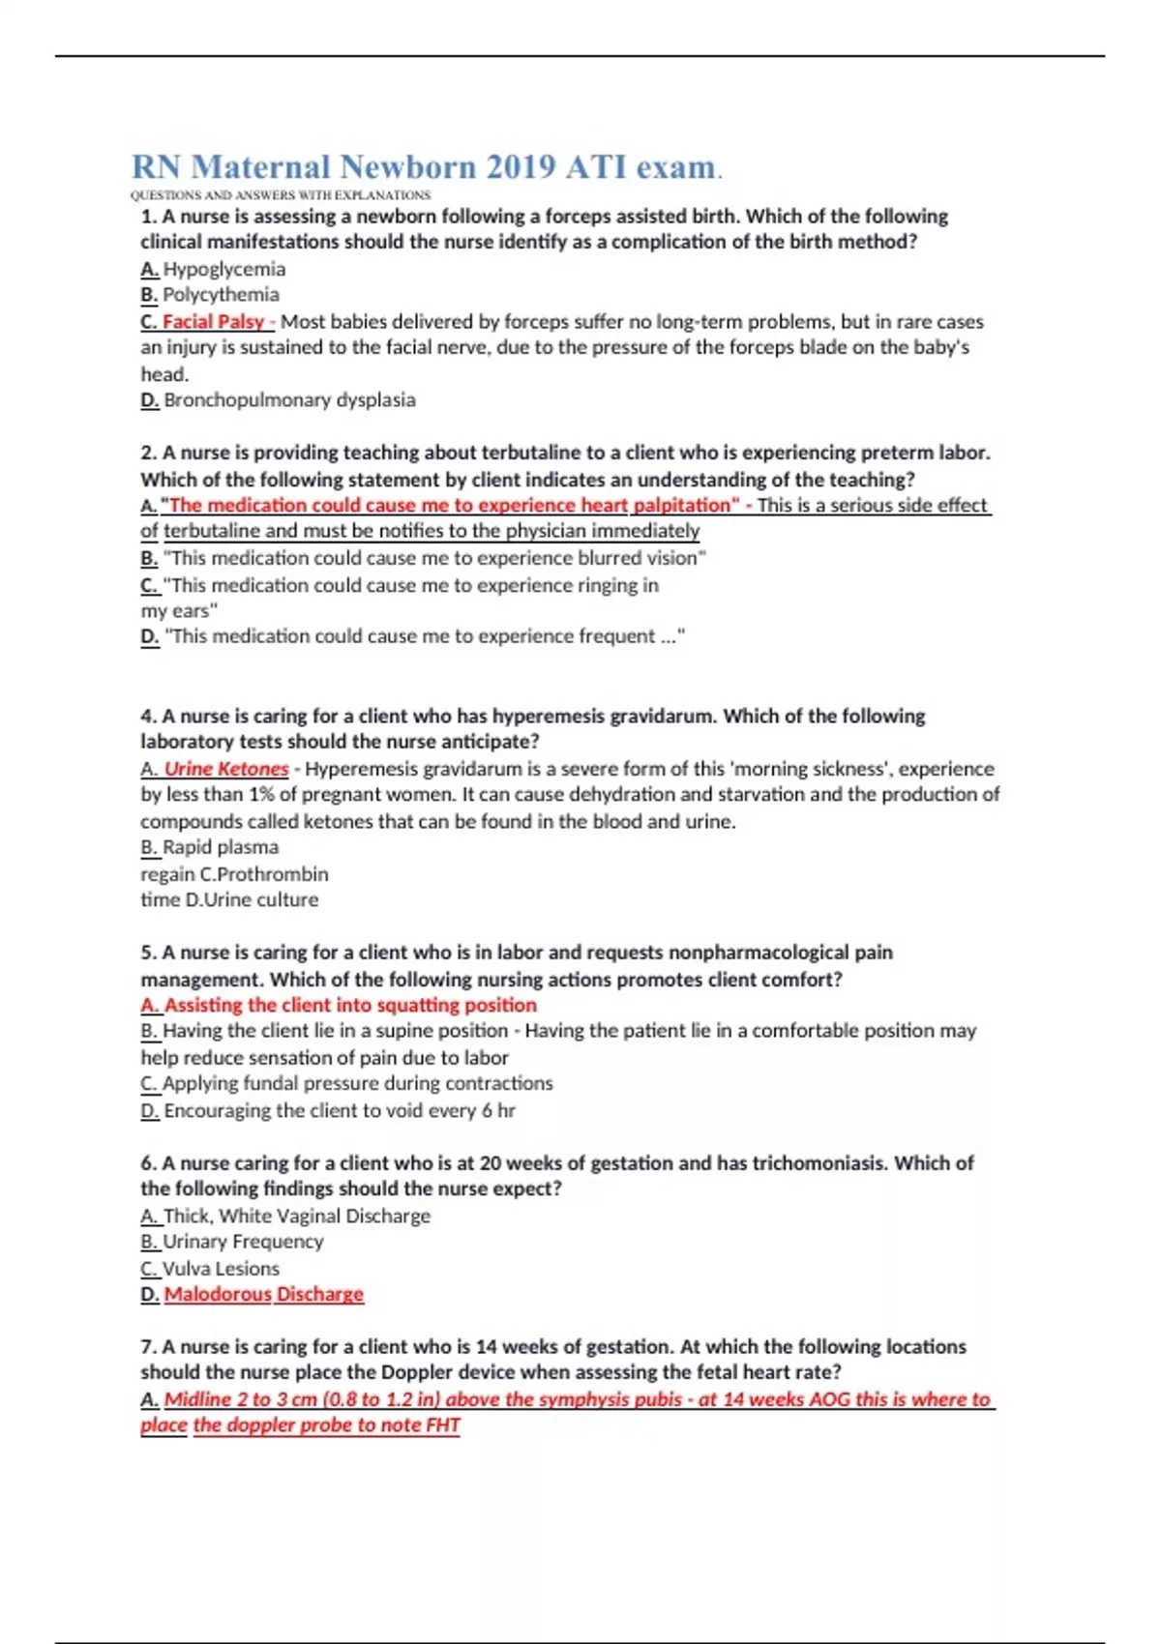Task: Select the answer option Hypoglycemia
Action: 223,269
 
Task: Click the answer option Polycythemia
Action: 221,294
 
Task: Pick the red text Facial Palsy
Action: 213,321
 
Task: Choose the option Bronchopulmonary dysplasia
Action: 289,399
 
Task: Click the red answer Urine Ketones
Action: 226,769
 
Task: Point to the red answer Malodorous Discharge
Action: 263,1294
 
